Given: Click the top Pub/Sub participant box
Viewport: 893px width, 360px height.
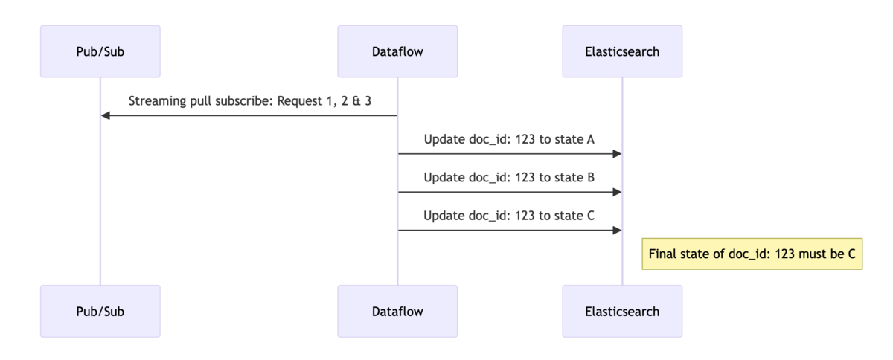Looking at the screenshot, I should [x=100, y=51].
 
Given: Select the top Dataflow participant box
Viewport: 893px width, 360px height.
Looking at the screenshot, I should [x=397, y=51].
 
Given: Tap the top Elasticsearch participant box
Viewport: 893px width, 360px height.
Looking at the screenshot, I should [x=622, y=51].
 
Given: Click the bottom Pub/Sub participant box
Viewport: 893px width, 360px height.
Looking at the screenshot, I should [x=100, y=311].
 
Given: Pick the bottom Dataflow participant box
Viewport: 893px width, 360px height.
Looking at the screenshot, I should [x=397, y=311].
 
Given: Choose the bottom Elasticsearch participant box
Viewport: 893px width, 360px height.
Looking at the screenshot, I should [x=622, y=311].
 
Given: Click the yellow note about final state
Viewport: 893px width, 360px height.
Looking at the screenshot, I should [x=752, y=254].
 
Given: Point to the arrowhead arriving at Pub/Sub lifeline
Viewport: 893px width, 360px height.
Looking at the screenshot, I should [x=106, y=115].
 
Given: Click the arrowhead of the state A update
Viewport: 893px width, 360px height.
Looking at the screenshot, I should [x=616, y=154].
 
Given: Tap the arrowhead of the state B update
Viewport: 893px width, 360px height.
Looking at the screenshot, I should [x=616, y=192].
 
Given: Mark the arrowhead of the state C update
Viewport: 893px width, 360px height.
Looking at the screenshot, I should [x=616, y=230].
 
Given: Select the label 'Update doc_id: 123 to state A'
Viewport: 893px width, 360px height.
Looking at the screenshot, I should [x=509, y=139].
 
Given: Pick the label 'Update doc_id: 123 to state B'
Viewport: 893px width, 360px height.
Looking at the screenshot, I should [x=509, y=177].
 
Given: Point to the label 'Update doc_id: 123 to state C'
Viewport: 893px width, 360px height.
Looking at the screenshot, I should [x=509, y=216].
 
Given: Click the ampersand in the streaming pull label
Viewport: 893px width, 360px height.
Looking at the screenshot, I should [x=356, y=101].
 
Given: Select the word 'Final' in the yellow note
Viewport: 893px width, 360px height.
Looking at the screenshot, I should [x=663, y=254].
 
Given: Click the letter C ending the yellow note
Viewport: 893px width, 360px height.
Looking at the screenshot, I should [x=851, y=254].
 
